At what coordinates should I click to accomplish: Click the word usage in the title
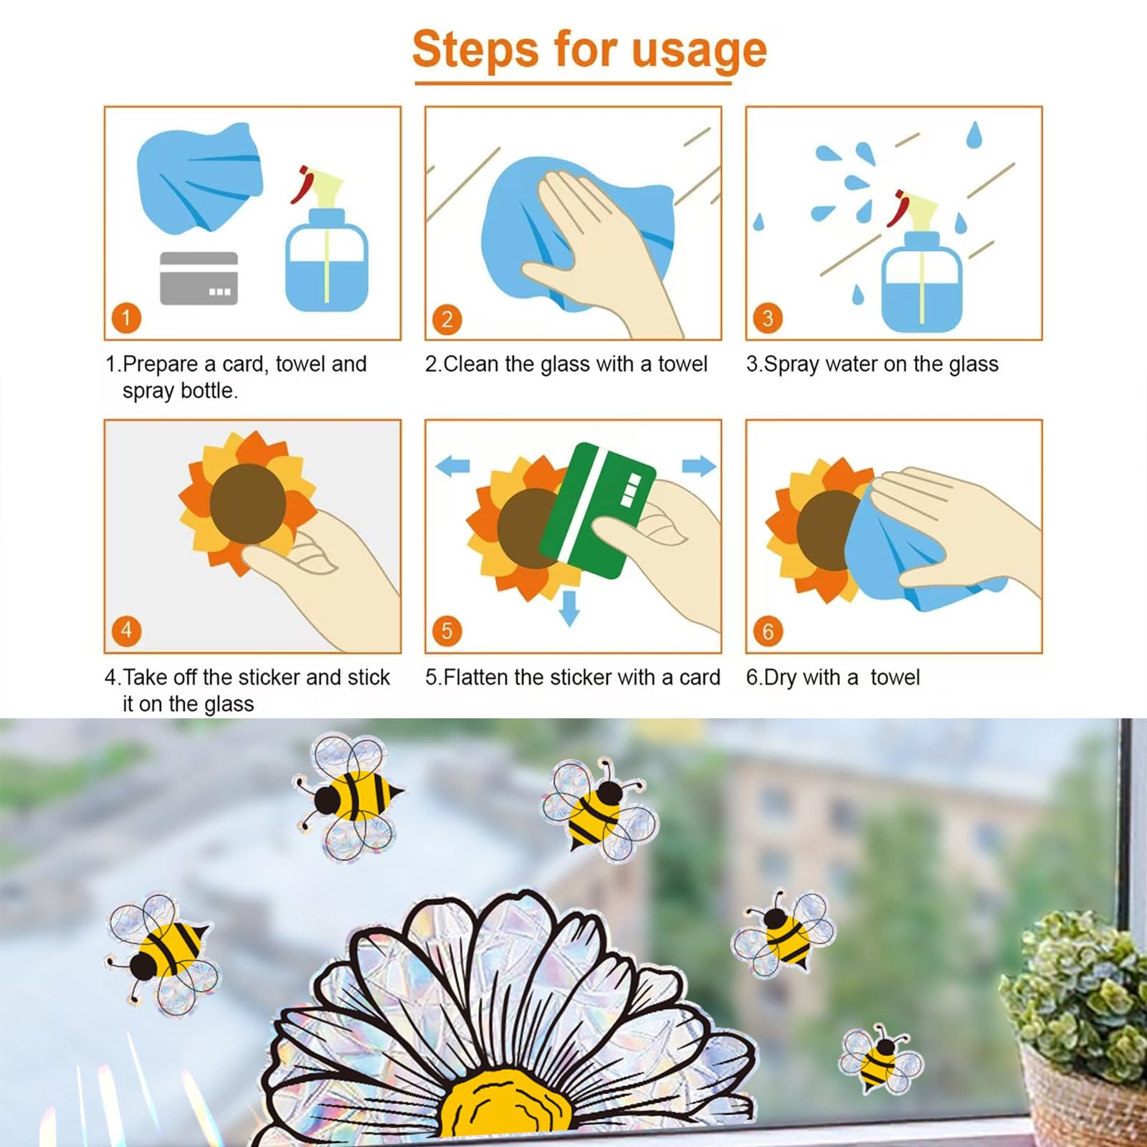[699, 50]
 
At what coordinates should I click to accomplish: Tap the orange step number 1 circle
[127, 318]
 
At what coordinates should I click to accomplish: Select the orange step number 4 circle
[127, 631]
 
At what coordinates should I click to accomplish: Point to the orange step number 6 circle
[768, 631]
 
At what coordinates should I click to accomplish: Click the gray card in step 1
[199, 278]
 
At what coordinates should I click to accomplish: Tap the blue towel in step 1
[199, 177]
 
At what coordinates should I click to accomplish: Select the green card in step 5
[598, 510]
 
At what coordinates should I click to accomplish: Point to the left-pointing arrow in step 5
[452, 467]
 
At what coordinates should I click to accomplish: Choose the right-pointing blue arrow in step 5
[699, 466]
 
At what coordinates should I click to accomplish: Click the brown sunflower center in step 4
[248, 503]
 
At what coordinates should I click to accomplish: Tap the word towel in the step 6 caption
[895, 677]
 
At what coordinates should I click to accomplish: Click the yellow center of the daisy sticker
[505, 1108]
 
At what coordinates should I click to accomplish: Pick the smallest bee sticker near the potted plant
[881, 1060]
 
